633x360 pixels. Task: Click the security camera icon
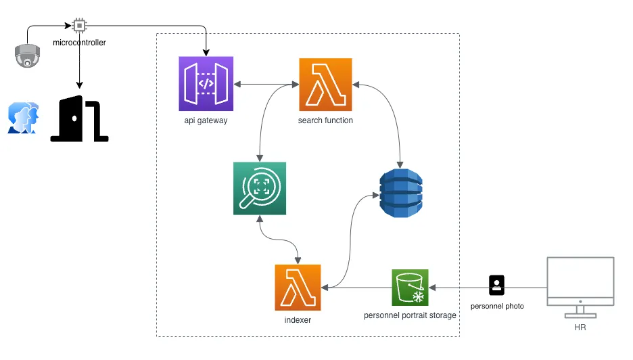[x=27, y=56]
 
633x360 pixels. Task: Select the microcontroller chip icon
[x=79, y=26]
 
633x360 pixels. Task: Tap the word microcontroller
[x=79, y=43]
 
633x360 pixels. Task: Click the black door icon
[x=80, y=119]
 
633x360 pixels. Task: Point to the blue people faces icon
[x=23, y=118]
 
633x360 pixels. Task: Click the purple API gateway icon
[x=206, y=84]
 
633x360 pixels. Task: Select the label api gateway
[x=206, y=120]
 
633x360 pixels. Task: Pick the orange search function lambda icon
[x=325, y=84]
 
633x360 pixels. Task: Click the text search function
[x=325, y=120]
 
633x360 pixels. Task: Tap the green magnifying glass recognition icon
[x=259, y=188]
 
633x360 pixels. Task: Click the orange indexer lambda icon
[x=298, y=287]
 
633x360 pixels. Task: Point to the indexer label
[x=298, y=320]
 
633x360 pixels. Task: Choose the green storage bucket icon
[x=410, y=287]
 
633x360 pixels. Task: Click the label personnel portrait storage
[x=410, y=315]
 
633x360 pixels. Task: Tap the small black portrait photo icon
[x=497, y=285]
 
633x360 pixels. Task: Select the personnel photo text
[x=497, y=307]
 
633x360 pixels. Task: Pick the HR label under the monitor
[x=580, y=328]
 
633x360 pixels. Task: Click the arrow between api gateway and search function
[x=266, y=84]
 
